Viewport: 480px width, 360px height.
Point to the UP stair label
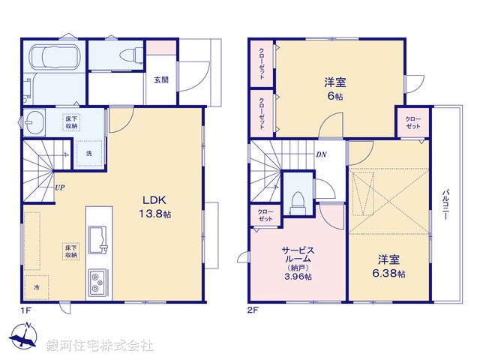pyautogui.click(x=58, y=188)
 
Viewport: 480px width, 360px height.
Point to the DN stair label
pyautogui.click(x=320, y=155)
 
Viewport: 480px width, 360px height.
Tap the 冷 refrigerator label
pyautogui.click(x=36, y=286)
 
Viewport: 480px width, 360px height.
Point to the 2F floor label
pyautogui.click(x=253, y=309)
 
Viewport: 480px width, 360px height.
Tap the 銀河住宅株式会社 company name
pyautogui.click(x=99, y=346)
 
